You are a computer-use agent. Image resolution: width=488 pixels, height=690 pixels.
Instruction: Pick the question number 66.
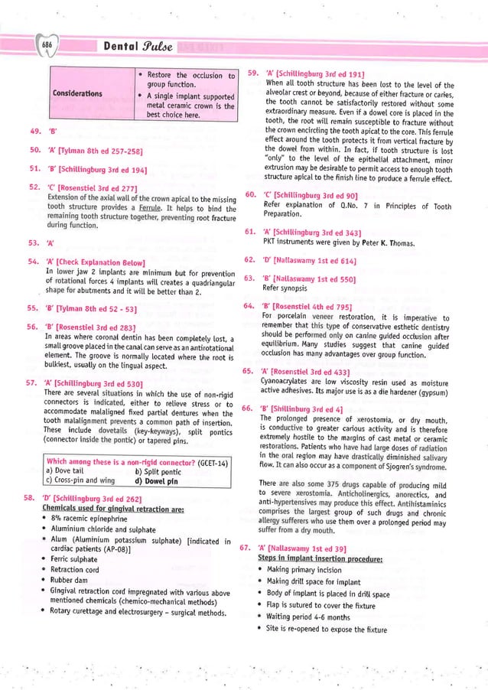247,408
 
